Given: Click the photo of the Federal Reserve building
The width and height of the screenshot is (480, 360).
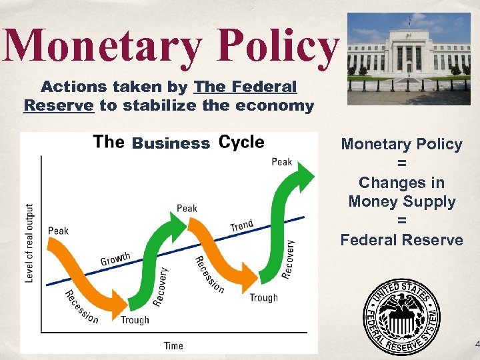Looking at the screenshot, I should [x=409, y=59].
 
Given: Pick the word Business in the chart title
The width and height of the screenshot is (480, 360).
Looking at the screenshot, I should [x=171, y=143].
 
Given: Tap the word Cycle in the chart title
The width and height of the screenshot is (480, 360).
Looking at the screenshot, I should [x=241, y=142].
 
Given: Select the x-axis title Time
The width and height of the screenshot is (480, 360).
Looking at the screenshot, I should [x=173, y=345].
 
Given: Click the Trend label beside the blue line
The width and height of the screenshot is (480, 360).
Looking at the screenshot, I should [x=241, y=225].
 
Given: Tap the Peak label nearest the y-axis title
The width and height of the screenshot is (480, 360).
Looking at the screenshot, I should [x=58, y=231].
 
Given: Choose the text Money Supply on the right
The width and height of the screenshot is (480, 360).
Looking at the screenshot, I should [x=401, y=201].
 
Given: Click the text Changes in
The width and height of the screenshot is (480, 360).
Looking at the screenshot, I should [x=401, y=182].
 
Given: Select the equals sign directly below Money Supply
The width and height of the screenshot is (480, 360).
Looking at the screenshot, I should [x=401, y=221].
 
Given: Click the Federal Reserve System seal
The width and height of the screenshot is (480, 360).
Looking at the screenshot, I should [x=401, y=315].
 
